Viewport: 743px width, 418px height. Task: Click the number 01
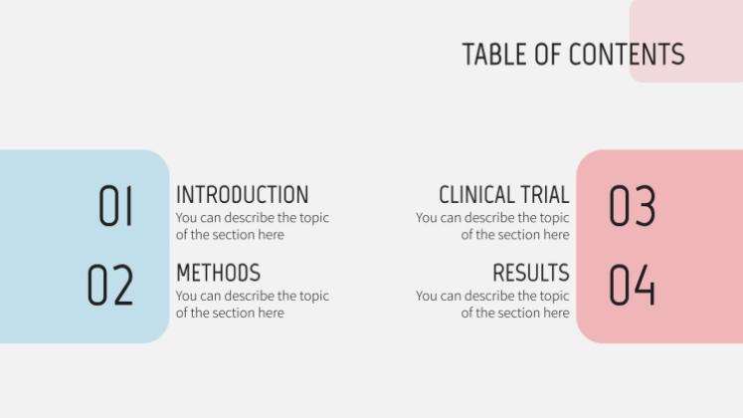[115, 206]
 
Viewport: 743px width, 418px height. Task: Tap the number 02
[110, 286]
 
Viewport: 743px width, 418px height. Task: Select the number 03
[632, 206]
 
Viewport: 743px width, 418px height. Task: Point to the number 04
[632, 286]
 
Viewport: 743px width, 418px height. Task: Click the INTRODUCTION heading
[242, 194]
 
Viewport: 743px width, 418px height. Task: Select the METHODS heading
[218, 273]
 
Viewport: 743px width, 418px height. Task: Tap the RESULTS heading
[530, 273]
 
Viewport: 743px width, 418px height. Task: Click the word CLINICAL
[477, 194]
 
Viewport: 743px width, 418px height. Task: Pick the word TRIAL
[545, 194]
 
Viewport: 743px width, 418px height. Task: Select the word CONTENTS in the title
[627, 54]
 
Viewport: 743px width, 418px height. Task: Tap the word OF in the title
[548, 54]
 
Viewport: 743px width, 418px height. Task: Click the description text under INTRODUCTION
[252, 226]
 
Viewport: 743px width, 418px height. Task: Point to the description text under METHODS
[252, 305]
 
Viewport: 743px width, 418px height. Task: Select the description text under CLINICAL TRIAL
[493, 226]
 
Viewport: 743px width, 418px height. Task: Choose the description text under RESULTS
[493, 305]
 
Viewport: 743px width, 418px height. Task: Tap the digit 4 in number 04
[645, 286]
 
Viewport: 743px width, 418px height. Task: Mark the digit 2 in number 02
[123, 286]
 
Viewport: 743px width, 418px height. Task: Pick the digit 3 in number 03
[645, 206]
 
